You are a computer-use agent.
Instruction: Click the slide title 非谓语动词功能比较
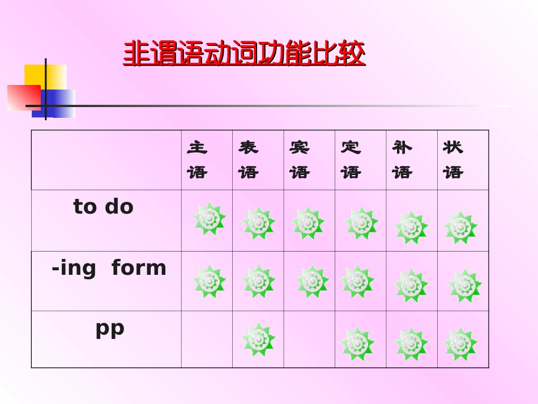pos(244,54)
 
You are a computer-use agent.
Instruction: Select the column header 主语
pos(198,160)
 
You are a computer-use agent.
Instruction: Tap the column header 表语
pos(249,160)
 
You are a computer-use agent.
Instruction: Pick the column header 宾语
pos(300,160)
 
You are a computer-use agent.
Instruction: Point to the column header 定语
pos(351,160)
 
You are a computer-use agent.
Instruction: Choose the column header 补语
pos(402,160)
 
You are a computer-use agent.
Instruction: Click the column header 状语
pos(453,160)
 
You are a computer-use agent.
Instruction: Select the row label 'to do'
pos(103,207)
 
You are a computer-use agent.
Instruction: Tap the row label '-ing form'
pos(109,267)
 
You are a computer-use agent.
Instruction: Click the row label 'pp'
pos(109,329)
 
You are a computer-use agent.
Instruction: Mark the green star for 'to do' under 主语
pos(210,219)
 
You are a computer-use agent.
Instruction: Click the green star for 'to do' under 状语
pos(460,228)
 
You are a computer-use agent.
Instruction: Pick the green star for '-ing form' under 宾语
pos(312,282)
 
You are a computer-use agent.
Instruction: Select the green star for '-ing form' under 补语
pos(411,286)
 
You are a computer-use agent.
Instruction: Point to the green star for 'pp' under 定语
pos(357,344)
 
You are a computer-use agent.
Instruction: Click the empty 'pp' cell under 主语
pos(207,339)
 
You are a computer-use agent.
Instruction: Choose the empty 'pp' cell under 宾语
pos(309,339)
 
